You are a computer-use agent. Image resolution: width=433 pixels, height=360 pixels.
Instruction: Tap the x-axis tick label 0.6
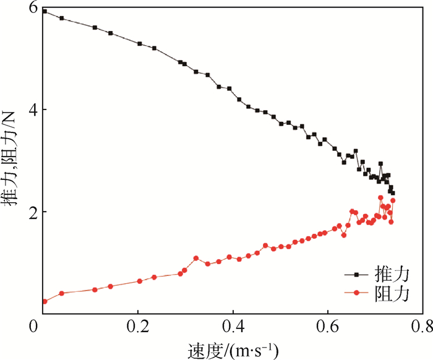coord(328,325)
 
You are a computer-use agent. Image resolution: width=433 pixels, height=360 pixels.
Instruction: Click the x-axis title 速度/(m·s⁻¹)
coord(232,348)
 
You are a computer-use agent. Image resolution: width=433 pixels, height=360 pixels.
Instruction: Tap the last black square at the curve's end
coord(392,193)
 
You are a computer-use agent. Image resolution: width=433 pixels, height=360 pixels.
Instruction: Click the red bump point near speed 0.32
coord(196,258)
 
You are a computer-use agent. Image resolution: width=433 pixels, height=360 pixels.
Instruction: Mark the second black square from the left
coord(61,18)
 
